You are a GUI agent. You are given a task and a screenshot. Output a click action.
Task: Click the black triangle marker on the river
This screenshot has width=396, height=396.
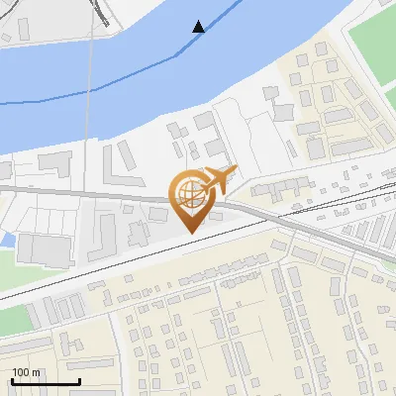[199, 27]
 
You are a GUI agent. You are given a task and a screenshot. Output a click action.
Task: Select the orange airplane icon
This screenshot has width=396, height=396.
[218, 180]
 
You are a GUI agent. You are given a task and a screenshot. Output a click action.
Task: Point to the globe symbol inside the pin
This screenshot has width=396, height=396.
[191, 193]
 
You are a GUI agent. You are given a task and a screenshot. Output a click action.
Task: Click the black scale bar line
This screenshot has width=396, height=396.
[46, 382]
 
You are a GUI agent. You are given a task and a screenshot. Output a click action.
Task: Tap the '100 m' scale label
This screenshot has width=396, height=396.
[27, 372]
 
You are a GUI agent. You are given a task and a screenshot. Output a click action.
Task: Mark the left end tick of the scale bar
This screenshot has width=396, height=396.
[12, 380]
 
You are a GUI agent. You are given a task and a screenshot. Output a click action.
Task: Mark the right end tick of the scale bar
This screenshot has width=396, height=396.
[79, 380]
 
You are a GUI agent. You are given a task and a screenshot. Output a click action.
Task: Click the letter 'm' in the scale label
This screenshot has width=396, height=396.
[37, 372]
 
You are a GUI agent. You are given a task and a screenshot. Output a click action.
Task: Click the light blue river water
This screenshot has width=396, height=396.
[119, 69]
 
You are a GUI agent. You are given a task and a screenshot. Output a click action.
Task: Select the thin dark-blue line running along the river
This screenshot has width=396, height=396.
[59, 99]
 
